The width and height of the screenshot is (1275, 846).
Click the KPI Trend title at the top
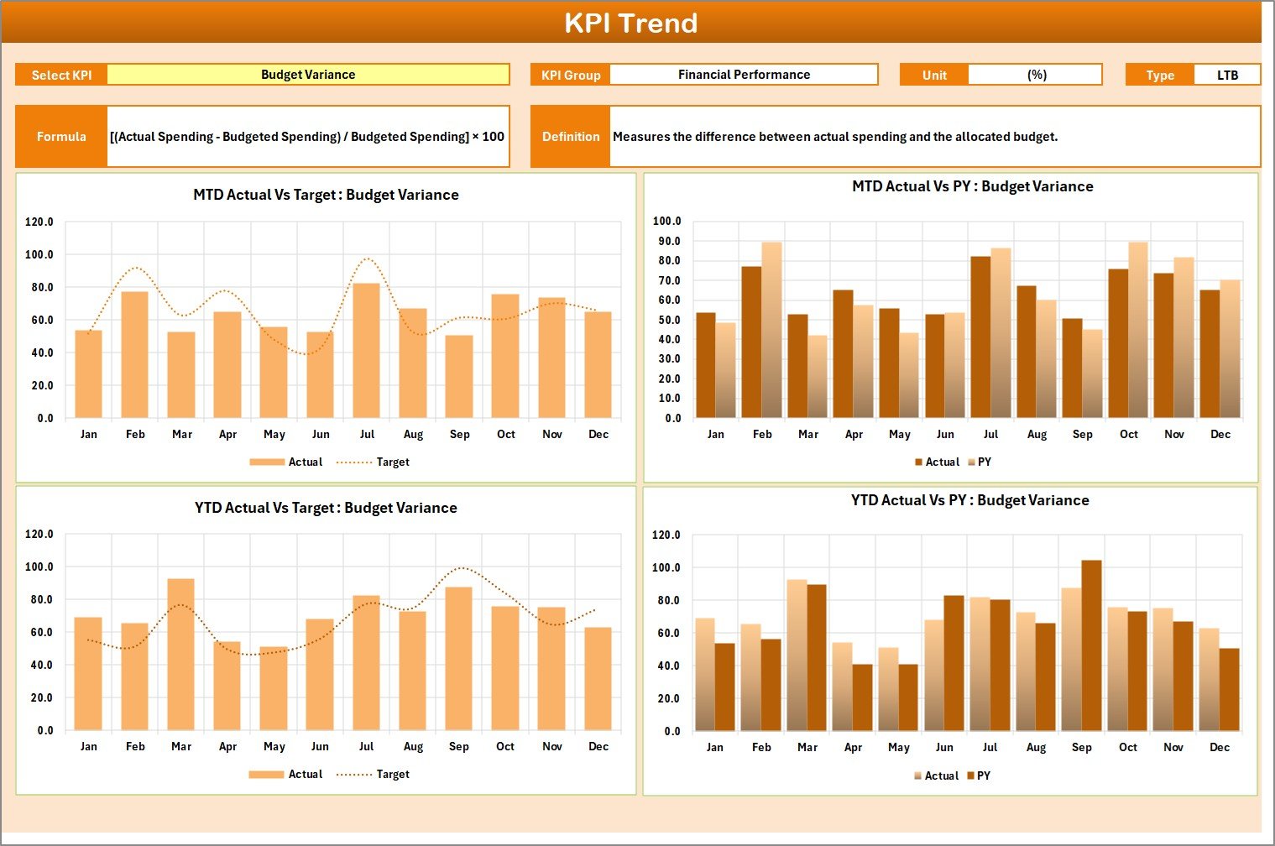(630, 23)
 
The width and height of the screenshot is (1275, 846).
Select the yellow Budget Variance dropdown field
(308, 75)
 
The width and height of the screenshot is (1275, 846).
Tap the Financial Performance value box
(744, 75)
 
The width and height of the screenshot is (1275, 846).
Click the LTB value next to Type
(1227, 75)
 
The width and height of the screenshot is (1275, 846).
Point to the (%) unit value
(1036, 75)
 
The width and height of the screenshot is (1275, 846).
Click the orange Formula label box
(61, 136)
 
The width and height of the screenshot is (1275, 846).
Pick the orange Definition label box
(571, 136)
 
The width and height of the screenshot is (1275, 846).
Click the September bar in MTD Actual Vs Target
(459, 377)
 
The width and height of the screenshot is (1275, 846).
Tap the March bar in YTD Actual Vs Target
(181, 655)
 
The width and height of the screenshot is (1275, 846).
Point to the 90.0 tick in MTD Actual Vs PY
(667, 241)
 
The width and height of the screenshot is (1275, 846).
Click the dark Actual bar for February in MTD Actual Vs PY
(751, 342)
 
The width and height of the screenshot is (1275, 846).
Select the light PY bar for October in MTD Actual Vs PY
(1138, 330)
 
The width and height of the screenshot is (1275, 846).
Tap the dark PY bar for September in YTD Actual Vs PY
(1091, 645)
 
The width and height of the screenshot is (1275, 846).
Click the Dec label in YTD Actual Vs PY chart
(1220, 747)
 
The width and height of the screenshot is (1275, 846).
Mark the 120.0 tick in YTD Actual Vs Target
(39, 534)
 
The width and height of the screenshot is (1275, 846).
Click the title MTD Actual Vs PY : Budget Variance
(972, 186)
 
